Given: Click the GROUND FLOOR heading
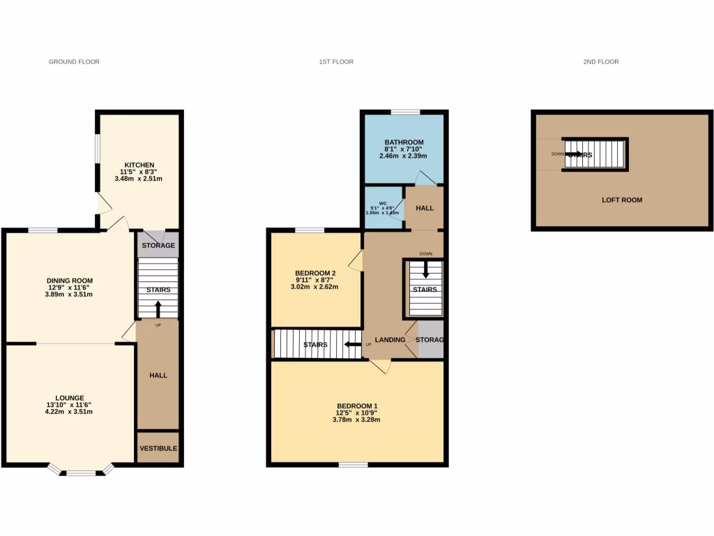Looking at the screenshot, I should point(74,62).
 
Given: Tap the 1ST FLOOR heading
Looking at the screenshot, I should point(336,62).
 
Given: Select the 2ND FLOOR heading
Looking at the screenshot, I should point(600,62).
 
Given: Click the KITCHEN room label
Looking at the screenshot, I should point(139,165).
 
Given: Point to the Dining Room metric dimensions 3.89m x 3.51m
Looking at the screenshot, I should point(70,295).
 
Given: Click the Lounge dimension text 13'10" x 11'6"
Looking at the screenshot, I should point(70,404).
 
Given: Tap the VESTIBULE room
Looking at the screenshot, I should point(158,448).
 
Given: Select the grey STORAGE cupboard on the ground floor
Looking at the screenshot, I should point(158,245).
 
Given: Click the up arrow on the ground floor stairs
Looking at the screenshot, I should point(158,308).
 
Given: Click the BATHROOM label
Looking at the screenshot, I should point(404,142).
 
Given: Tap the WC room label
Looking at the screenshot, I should point(383,203).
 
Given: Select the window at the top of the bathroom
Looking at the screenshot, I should point(405,112).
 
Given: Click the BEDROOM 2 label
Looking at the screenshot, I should point(316,273).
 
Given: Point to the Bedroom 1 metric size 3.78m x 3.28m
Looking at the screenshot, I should point(357,419).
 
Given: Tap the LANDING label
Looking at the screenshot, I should point(390,340).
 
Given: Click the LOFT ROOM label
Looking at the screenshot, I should point(622,200).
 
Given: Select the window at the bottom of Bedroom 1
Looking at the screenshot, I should point(354,464).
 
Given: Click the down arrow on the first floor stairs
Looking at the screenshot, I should point(425,269).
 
